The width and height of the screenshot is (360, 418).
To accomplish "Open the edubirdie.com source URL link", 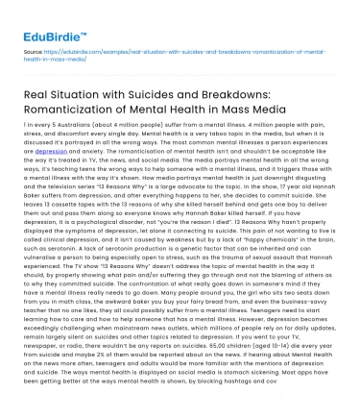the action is coord(192,48).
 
